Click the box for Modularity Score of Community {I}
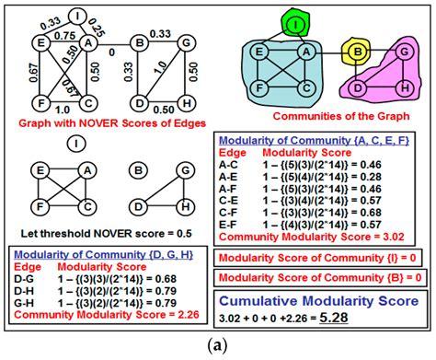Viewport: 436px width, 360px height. tap(318, 257)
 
